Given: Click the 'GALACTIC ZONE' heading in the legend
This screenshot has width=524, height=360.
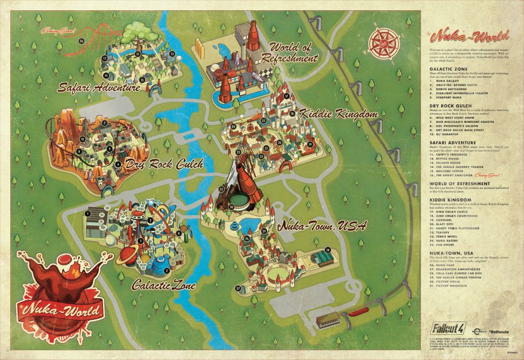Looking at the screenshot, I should pos(445,66).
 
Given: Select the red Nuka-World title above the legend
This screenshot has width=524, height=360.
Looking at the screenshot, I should pos(470,37).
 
